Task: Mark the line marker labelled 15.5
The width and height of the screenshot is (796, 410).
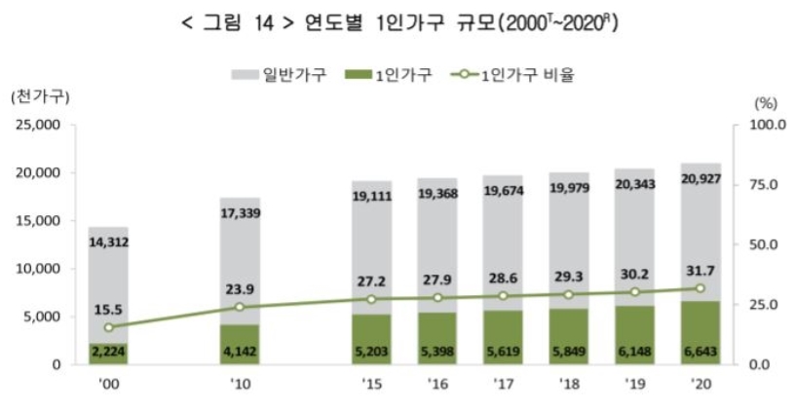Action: (108, 327)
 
